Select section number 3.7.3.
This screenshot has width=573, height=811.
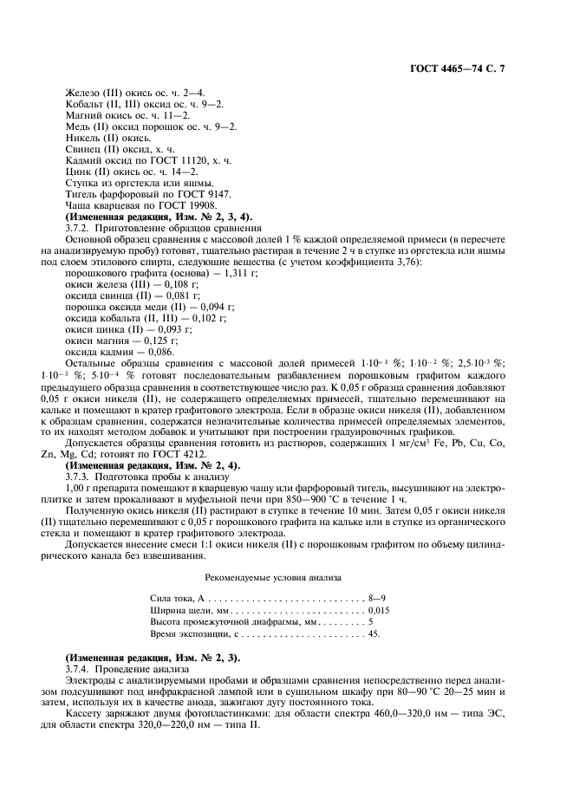click(79, 476)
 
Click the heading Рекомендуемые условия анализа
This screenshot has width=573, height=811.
click(273, 576)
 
